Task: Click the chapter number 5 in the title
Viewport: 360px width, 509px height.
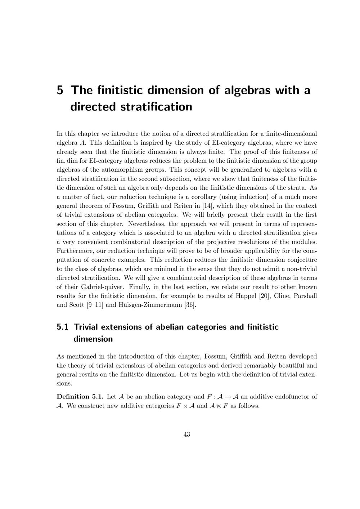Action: (x=60, y=90)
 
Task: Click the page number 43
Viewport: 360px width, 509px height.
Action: (x=187, y=434)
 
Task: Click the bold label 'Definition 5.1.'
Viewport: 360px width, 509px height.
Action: (x=80, y=397)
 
